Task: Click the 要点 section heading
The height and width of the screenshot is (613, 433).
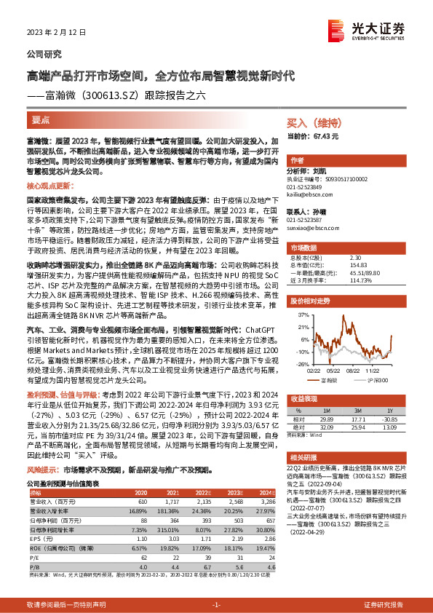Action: click(41, 120)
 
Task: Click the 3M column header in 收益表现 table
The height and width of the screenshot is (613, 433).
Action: click(346, 410)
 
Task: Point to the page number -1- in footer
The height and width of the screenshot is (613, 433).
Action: click(216, 605)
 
